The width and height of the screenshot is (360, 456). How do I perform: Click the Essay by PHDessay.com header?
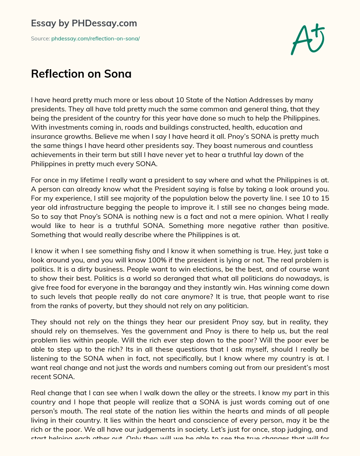click(84, 24)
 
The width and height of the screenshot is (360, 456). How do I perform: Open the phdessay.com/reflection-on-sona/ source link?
click(95, 39)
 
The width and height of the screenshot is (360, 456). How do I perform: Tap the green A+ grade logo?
click(307, 39)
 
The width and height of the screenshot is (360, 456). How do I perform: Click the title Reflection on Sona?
click(81, 74)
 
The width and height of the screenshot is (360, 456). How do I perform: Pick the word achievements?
click(53, 155)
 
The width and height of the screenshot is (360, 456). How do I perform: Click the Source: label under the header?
click(40, 39)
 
